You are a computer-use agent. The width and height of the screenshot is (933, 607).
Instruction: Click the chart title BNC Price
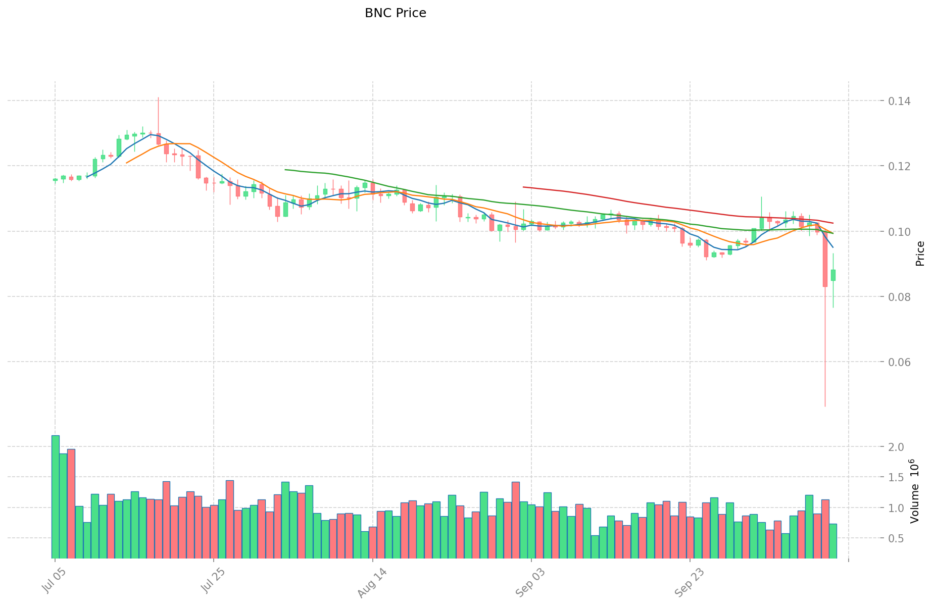coord(395,13)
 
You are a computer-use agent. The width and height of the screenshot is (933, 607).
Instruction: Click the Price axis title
coord(920,254)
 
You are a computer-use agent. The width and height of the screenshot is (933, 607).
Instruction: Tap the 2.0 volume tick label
coord(897,447)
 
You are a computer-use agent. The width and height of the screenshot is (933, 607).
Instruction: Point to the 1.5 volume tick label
coord(897,478)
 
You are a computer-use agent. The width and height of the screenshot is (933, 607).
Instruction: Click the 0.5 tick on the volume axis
coord(897,538)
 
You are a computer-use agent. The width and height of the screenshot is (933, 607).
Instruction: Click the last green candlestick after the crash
coord(833,275)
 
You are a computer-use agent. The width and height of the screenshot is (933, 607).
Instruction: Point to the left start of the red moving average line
coord(523,187)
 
